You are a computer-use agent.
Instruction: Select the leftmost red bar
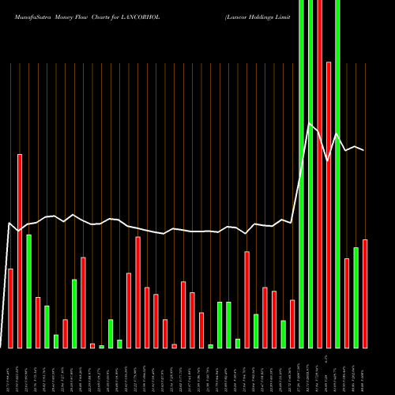[10, 308]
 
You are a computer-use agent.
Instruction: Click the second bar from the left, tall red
[20, 250]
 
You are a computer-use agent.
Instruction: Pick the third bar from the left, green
[28, 291]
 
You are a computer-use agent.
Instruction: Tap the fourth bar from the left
[38, 322]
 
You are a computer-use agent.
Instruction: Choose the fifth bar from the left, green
[47, 326]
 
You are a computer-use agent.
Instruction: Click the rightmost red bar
[365, 293]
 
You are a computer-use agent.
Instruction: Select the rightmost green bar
[355, 297]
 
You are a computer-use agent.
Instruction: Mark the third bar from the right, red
[347, 303]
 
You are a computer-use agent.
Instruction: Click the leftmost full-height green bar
[301, 174]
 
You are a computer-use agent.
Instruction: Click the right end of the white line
[364, 150]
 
